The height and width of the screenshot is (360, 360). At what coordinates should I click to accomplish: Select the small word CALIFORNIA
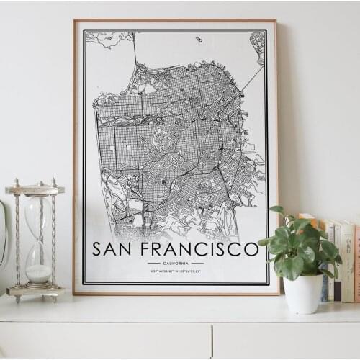tap(176, 263)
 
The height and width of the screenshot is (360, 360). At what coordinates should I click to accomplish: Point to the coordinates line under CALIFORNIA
tap(176, 271)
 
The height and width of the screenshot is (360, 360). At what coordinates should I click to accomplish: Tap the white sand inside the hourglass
tap(38, 273)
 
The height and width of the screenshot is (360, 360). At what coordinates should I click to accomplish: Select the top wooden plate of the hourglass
tap(35, 189)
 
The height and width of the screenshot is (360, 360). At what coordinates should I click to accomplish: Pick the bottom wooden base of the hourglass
tap(35, 292)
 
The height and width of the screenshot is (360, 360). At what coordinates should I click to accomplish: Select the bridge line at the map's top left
tap(135, 50)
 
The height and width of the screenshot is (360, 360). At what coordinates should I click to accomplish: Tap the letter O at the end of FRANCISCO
tap(251, 249)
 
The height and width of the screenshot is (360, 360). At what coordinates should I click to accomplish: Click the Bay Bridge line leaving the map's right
tap(252, 79)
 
